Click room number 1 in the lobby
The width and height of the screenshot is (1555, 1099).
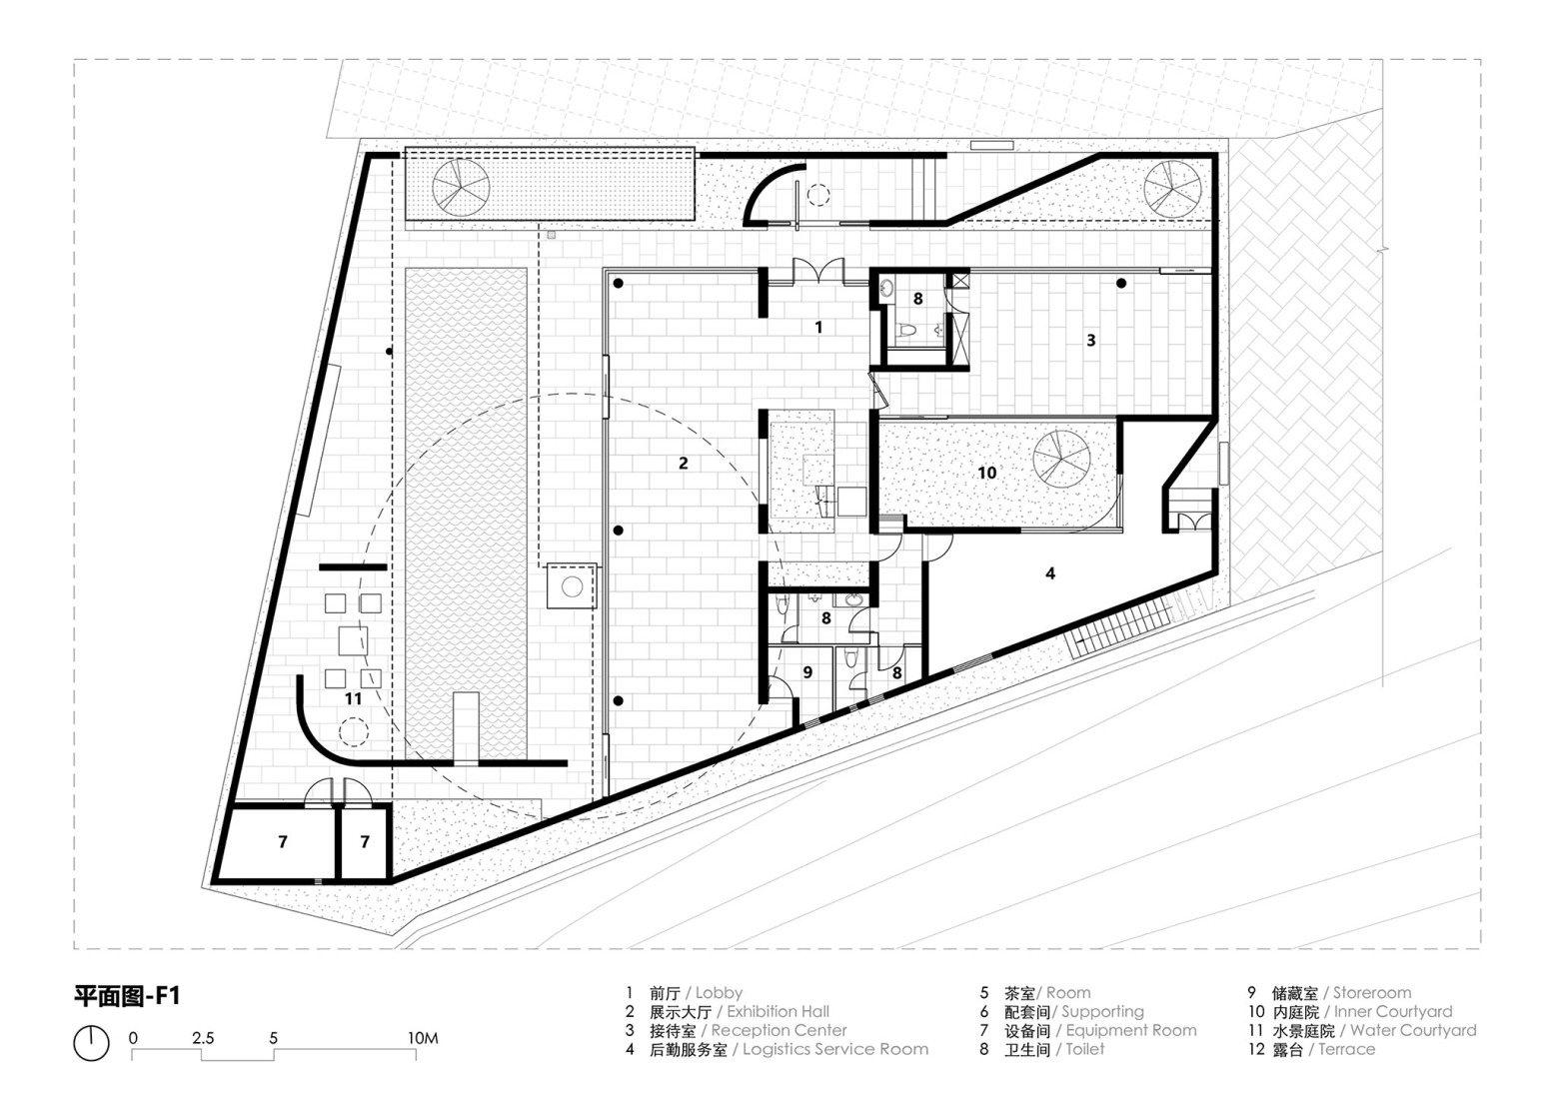pyautogui.click(x=818, y=327)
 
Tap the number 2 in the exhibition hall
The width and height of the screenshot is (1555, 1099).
pyautogui.click(x=684, y=463)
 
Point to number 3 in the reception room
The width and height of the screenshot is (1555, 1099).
pyautogui.click(x=1091, y=340)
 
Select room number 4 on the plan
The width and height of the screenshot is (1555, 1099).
pyautogui.click(x=1050, y=573)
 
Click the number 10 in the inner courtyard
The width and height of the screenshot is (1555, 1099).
pyautogui.click(x=987, y=473)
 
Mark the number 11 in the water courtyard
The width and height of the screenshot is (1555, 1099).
pyautogui.click(x=353, y=699)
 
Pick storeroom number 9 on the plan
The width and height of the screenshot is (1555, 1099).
pyautogui.click(x=807, y=673)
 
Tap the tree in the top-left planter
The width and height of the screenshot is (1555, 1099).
pyautogui.click(x=461, y=187)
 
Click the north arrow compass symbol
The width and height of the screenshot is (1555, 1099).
pyautogui.click(x=91, y=1044)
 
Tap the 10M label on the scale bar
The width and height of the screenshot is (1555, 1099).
pyautogui.click(x=424, y=1038)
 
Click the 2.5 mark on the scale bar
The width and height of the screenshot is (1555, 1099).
pyautogui.click(x=203, y=1038)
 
